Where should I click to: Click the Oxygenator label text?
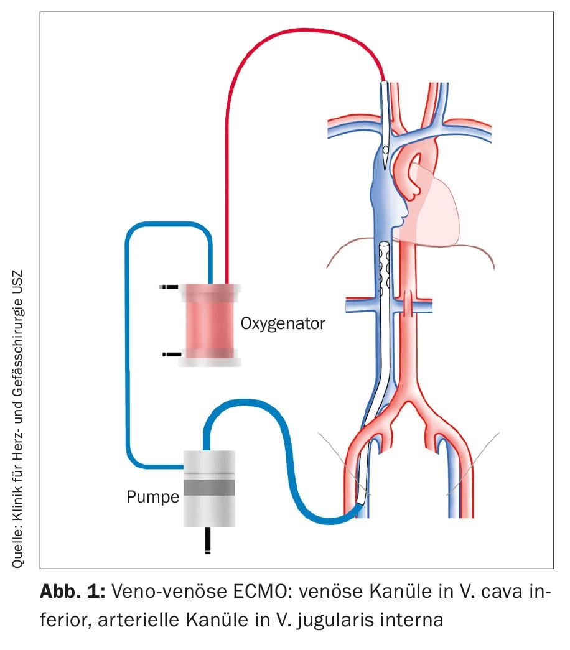point(283,323)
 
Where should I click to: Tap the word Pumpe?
point(152,497)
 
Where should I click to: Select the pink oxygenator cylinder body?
point(209,323)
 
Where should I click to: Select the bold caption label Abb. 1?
point(72,591)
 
